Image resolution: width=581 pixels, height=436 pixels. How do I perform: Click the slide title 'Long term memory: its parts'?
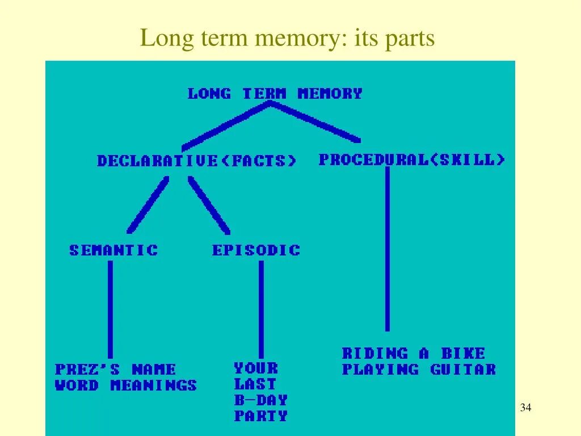point(287,39)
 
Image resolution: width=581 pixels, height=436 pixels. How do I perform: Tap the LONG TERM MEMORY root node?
point(275,94)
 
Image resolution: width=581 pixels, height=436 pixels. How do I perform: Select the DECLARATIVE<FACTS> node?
point(196,161)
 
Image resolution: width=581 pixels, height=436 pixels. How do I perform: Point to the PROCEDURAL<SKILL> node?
point(411,160)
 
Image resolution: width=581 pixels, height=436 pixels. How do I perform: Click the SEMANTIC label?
point(113,250)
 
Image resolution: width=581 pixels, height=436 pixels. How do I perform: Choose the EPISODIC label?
point(256,250)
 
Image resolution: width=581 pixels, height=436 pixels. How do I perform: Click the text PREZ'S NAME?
point(116,370)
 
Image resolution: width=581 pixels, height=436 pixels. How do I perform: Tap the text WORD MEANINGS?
point(126,386)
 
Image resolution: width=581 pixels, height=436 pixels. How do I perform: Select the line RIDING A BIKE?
point(414,354)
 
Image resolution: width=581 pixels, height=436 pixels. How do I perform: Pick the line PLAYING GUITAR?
point(419,370)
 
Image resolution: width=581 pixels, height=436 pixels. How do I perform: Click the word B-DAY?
point(261,400)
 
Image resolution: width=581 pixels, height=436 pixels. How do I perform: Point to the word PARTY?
point(261,416)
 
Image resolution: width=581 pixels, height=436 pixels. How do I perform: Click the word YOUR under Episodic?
point(256,368)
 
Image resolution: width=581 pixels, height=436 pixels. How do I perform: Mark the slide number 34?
point(525,408)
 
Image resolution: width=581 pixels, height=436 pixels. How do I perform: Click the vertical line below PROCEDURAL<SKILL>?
point(388,250)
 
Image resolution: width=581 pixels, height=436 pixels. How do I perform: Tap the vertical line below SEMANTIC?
point(110,309)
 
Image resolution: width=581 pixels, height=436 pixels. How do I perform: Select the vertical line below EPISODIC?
point(261,309)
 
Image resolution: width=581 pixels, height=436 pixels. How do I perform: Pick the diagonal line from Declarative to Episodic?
point(209,206)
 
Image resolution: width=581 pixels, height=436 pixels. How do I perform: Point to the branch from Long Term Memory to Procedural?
point(318,121)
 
